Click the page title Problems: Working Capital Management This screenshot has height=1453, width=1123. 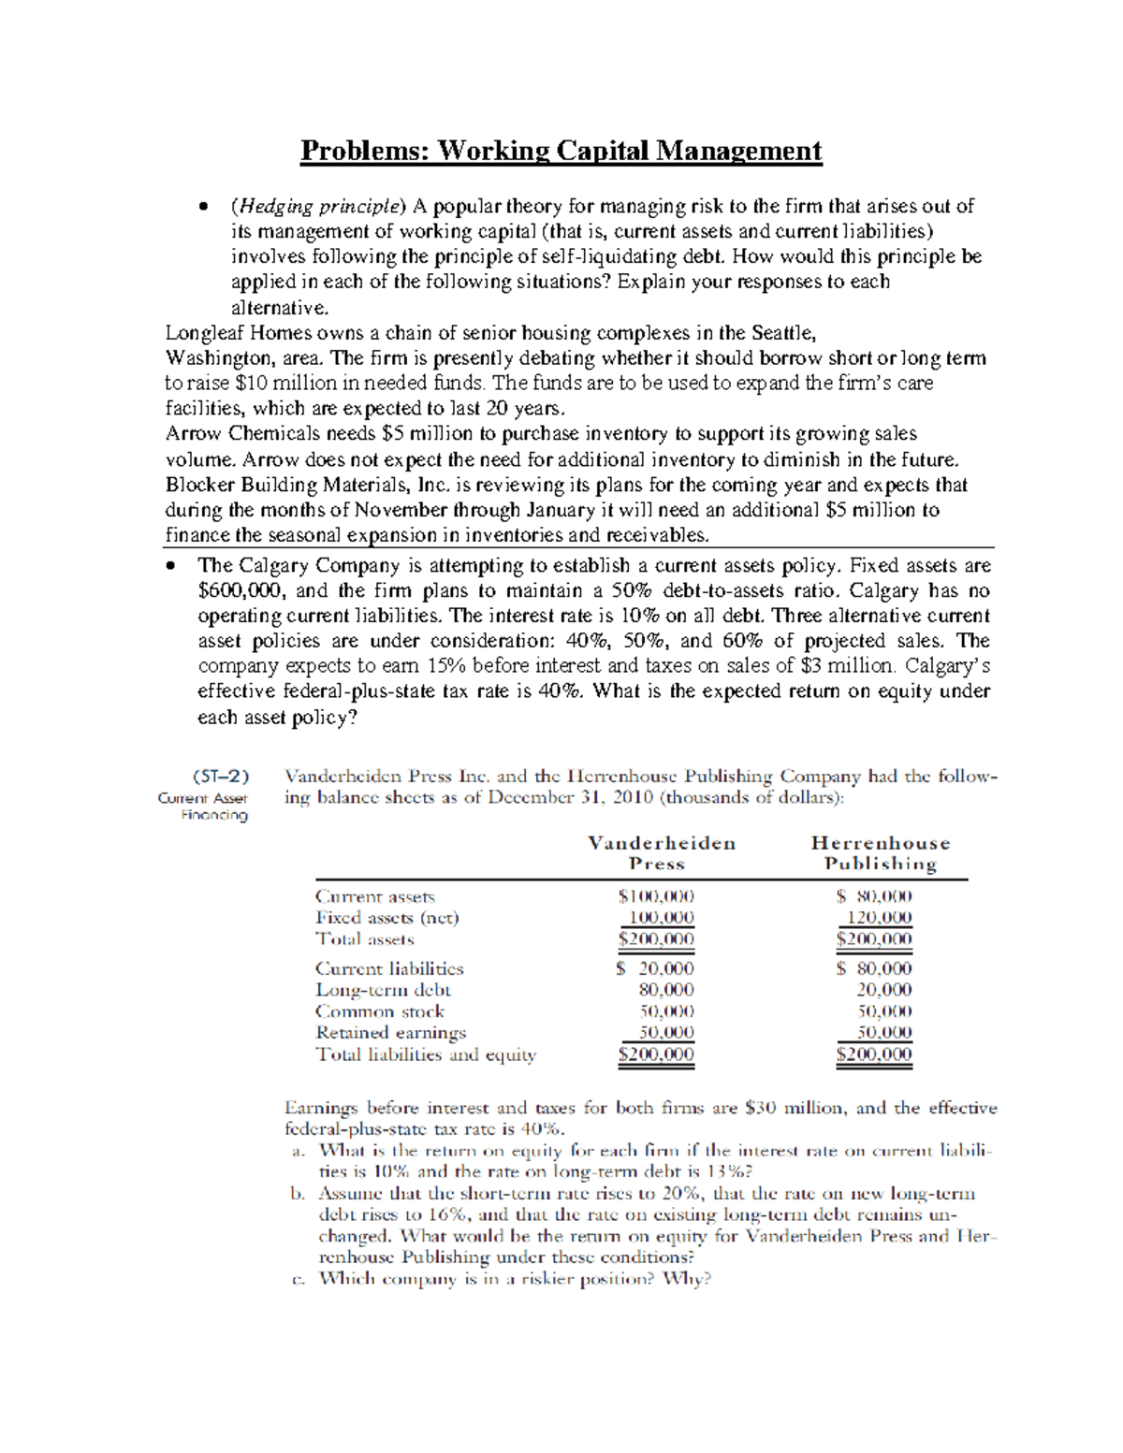click(x=561, y=151)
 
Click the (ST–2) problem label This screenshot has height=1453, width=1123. click(x=221, y=777)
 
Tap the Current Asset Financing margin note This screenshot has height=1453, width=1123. click(x=204, y=806)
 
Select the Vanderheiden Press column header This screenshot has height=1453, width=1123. click(x=661, y=853)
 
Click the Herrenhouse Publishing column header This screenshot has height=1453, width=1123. click(x=880, y=853)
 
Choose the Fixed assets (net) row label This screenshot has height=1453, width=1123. click(x=386, y=918)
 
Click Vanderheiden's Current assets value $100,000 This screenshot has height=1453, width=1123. click(x=656, y=896)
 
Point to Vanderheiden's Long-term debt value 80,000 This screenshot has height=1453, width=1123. click(x=665, y=990)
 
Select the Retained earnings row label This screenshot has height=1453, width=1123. click(x=390, y=1033)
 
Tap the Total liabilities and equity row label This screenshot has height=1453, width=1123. click(x=426, y=1054)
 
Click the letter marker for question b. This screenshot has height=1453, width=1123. click(x=298, y=1194)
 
